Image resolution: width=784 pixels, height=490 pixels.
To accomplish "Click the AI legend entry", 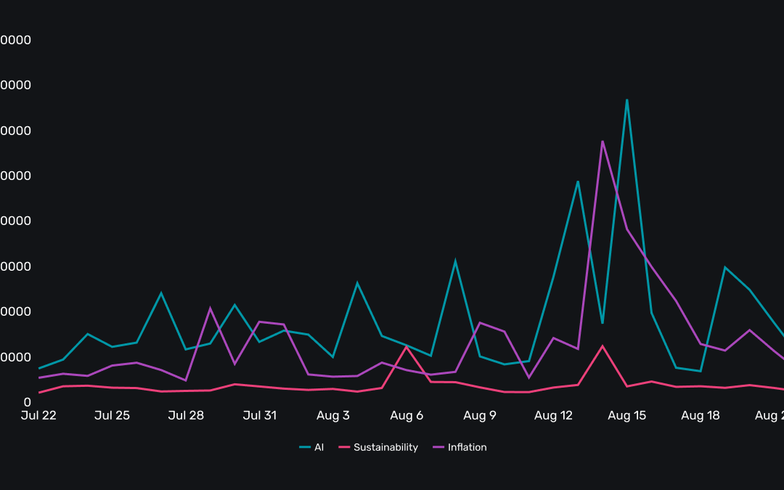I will pos(312,447).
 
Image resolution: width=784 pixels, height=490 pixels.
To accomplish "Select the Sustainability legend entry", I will pos(378,447).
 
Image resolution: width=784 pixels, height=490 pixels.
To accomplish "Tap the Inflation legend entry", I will pos(460,447).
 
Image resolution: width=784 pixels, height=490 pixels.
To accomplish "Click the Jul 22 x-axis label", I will pos(38,416).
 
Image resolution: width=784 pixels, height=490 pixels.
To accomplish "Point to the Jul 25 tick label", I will pos(113,416).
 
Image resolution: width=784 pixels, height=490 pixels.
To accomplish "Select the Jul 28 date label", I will pos(186,416).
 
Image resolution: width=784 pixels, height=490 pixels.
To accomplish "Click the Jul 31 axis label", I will pos(259,416).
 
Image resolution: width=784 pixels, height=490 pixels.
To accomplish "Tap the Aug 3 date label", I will pos(333,416).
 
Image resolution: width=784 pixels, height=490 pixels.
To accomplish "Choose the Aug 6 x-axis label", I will pos(407,416).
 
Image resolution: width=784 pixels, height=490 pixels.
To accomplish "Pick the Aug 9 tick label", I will pos(480,416).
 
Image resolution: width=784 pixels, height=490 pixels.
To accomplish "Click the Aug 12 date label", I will pos(553,416).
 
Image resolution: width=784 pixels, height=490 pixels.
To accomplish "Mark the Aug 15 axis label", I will pos(627,416).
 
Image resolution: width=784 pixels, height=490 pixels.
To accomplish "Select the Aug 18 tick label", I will pos(701,416).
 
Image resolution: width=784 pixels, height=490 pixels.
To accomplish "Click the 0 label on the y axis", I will pos(28,402).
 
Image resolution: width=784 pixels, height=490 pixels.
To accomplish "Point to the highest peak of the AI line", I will pos(626,99).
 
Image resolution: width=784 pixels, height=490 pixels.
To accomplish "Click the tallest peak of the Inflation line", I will pos(603,141).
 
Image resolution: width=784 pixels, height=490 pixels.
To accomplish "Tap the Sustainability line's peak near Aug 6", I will pos(407,347).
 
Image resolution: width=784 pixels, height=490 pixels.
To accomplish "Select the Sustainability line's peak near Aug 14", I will pos(603,346).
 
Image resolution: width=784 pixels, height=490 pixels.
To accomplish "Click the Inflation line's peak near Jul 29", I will pos(211,308).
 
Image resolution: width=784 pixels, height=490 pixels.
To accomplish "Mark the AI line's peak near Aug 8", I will pos(455,261).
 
